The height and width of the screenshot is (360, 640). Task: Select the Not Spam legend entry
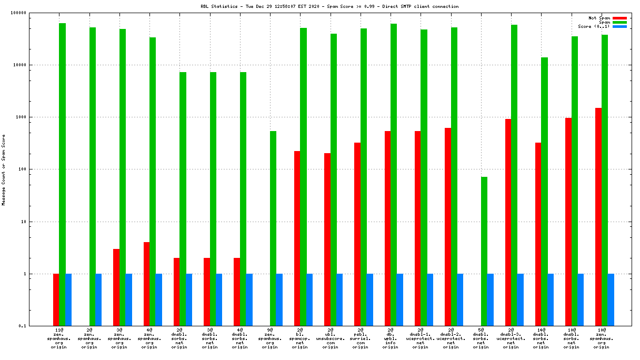pyautogui.click(x=599, y=18)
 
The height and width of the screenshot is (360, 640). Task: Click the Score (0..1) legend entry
pyautogui.click(x=594, y=26)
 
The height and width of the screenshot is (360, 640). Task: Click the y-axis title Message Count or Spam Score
pyautogui.click(x=4, y=169)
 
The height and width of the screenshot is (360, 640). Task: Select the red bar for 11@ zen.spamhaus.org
pyautogui.click(x=56, y=299)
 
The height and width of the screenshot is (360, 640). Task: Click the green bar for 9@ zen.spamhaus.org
pyautogui.click(x=273, y=228)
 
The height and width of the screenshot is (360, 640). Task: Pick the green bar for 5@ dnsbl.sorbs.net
pyautogui.click(x=484, y=251)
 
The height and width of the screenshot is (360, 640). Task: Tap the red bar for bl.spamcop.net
pyautogui.click(x=297, y=238)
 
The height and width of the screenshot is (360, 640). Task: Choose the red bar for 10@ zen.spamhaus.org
pyautogui.click(x=598, y=217)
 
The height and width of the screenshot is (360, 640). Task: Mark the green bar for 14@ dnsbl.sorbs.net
pyautogui.click(x=544, y=192)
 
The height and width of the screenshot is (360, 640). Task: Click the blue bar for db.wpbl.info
pyautogui.click(x=400, y=299)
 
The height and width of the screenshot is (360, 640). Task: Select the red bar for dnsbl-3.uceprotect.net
pyautogui.click(x=508, y=222)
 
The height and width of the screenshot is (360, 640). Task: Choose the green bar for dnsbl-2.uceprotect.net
pyautogui.click(x=454, y=176)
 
